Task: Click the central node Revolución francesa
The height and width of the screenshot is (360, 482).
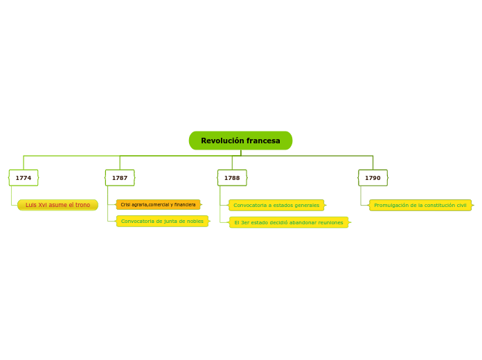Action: pyautogui.click(x=240, y=141)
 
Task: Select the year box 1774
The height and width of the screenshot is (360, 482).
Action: pyautogui.click(x=24, y=178)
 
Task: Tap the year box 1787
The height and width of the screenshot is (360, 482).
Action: pyautogui.click(x=120, y=178)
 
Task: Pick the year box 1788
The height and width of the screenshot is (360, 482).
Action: pyautogui.click(x=232, y=178)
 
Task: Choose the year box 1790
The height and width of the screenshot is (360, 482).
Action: pyautogui.click(x=373, y=178)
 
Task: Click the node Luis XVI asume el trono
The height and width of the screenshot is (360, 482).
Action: pyautogui.click(x=57, y=205)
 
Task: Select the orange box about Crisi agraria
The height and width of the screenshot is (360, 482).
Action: pyautogui.click(x=158, y=205)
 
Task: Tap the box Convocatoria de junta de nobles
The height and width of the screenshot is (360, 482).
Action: pyautogui.click(x=162, y=222)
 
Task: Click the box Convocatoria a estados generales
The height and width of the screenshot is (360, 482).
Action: pyautogui.click(x=276, y=206)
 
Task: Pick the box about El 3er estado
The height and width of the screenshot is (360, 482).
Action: pyautogui.click(x=289, y=222)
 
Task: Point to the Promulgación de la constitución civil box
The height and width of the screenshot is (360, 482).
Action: pyautogui.click(x=420, y=206)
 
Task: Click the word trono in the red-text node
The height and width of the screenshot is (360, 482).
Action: pyautogui.click(x=82, y=205)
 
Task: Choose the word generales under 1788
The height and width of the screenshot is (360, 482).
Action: pyautogui.click(x=306, y=206)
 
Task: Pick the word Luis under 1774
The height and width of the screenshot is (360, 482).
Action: pyautogui.click(x=31, y=205)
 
